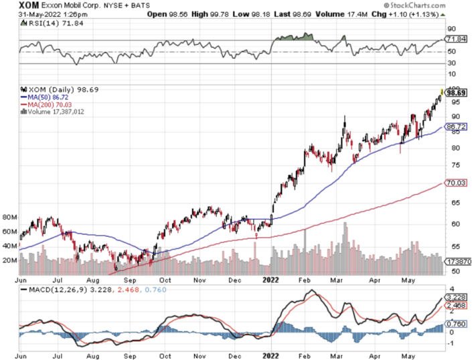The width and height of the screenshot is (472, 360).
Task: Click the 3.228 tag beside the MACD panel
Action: click(x=456, y=298)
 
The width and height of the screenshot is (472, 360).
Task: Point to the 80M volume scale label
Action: click(x=9, y=218)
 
